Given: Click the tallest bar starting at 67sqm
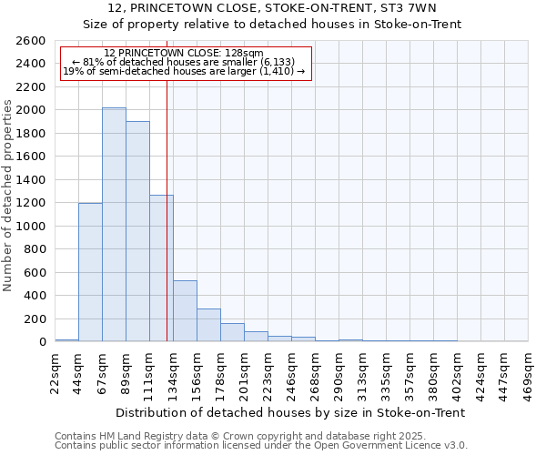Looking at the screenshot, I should click(114, 225).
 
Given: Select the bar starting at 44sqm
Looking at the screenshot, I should click(90, 272).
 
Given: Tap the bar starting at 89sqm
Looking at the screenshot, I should click(137, 231).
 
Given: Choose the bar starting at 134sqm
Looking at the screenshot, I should click(185, 311).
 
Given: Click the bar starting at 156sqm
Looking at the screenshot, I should click(208, 325).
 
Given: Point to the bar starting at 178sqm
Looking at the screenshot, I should click(232, 332).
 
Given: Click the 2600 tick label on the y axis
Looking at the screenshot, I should click(31, 41).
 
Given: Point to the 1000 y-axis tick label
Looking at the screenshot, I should click(31, 226).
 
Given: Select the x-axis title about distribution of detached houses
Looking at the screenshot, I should click(291, 412).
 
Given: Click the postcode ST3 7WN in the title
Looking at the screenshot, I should click(416, 8).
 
